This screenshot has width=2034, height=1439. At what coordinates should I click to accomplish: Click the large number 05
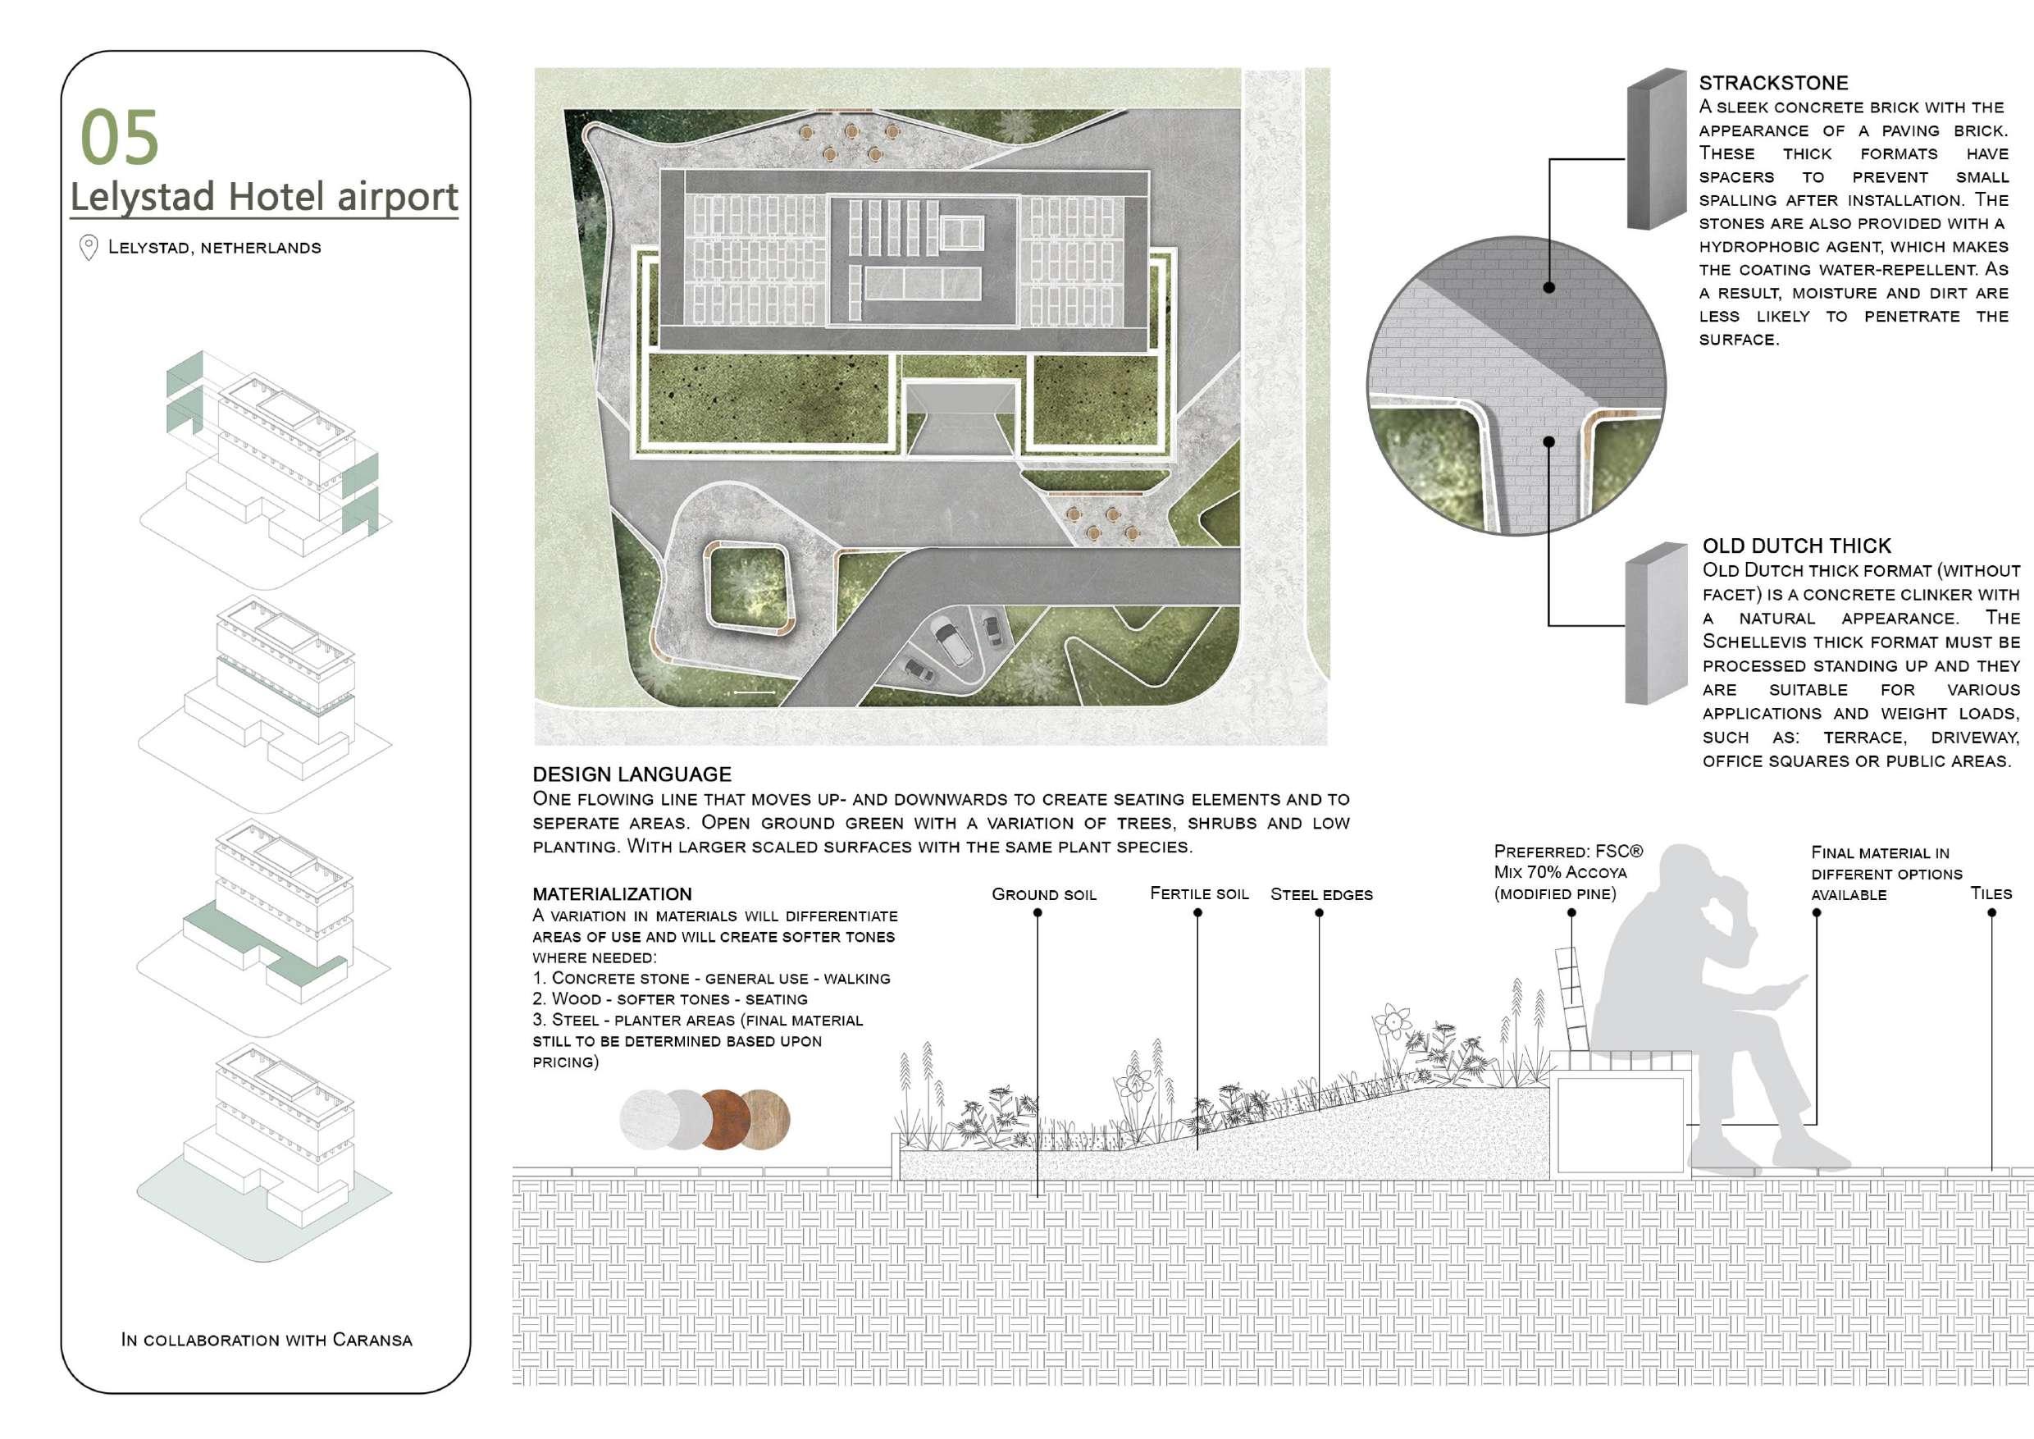point(119,137)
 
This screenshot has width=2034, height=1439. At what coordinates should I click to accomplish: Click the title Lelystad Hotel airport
point(264,196)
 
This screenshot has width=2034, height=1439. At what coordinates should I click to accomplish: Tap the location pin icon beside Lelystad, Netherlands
point(89,247)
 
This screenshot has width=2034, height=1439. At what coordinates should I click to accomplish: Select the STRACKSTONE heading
point(1772,84)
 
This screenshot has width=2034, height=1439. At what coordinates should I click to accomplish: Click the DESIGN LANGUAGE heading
point(632,774)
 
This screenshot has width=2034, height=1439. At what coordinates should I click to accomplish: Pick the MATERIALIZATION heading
point(612,894)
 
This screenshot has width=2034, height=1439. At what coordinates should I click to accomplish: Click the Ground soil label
point(1043,895)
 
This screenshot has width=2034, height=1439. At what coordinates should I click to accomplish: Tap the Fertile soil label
point(1198,894)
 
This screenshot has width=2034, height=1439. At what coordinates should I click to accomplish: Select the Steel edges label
point(1320,895)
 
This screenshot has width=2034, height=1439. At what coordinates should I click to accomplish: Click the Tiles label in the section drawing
point(1991,894)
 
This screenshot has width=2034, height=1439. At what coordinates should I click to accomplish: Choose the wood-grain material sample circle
point(765,1119)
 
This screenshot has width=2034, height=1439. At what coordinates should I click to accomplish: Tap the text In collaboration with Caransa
point(267,1340)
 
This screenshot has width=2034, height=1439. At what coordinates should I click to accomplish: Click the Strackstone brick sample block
point(1656,151)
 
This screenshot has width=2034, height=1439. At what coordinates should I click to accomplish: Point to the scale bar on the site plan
point(754,692)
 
